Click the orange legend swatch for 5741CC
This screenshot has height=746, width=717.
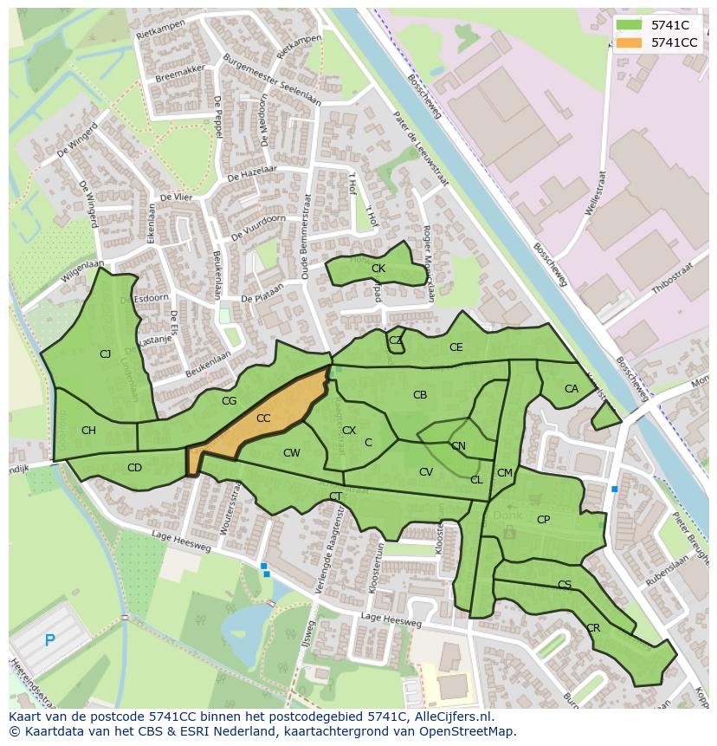(x=630, y=42)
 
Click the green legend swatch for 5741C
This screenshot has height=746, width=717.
(x=630, y=25)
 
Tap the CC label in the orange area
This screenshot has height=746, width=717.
(x=263, y=418)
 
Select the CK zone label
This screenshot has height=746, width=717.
(x=378, y=269)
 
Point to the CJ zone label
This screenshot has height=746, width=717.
(x=105, y=354)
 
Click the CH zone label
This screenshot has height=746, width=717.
(x=88, y=431)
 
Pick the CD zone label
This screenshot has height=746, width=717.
(x=134, y=468)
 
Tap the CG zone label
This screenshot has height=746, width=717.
(x=229, y=401)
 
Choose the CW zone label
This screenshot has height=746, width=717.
(x=292, y=453)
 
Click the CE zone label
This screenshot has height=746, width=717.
(x=455, y=347)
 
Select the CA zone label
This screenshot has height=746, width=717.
(x=571, y=389)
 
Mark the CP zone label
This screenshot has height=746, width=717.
(x=543, y=520)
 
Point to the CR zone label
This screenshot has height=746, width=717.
(x=593, y=628)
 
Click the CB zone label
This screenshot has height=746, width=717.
(x=420, y=395)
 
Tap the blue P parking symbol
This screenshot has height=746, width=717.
(x=49, y=641)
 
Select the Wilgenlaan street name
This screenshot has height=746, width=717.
(x=82, y=273)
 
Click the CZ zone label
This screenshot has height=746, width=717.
(x=395, y=341)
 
